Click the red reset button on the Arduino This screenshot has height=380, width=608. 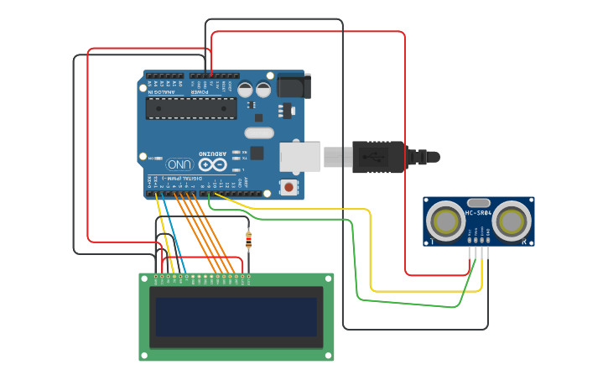(x=289, y=187)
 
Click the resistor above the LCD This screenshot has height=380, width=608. (x=247, y=241)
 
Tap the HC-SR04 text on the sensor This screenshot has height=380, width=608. (x=478, y=213)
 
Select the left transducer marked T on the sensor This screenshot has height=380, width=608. (x=444, y=221)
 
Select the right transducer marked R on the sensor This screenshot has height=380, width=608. (x=512, y=221)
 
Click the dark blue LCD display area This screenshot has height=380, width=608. (x=236, y=316)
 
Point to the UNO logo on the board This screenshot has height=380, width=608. (x=179, y=164)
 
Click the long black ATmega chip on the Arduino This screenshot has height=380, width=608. (x=190, y=108)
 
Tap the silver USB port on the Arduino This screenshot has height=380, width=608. (x=299, y=156)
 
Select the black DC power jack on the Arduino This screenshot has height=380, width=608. (x=294, y=86)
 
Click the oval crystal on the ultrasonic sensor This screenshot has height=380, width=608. (x=478, y=202)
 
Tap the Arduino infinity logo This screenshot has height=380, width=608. (x=206, y=165)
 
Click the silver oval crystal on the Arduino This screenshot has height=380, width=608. (x=259, y=133)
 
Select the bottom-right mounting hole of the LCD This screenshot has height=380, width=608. (x=329, y=355)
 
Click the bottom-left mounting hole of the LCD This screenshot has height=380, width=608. (x=144, y=355)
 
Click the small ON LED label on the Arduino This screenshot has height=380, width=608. (x=152, y=158)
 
